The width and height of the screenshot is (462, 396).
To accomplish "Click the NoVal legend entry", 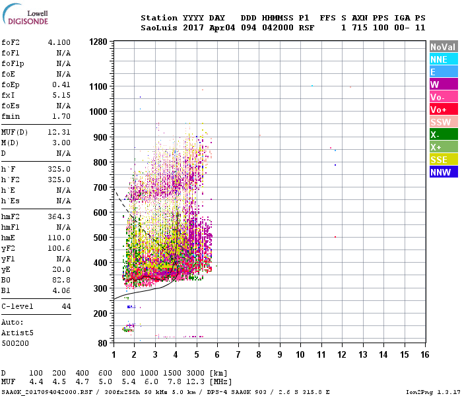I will pyautogui.click(x=443, y=47).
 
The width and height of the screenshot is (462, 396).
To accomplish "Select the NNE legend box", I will pyautogui.click(x=443, y=59).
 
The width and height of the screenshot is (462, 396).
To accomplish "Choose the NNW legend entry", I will pyautogui.click(x=443, y=172).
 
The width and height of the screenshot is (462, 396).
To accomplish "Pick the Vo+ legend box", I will pyautogui.click(x=443, y=110).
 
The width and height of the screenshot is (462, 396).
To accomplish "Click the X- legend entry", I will pyautogui.click(x=443, y=135).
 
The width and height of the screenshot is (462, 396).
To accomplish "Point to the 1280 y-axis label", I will pyautogui.click(x=98, y=42).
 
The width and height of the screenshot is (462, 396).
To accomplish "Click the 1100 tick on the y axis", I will pyautogui.click(x=98, y=86).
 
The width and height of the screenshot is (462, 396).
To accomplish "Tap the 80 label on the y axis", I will pyautogui.click(x=102, y=343).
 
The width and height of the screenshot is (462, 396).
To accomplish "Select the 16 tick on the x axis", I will pyautogui.click(x=424, y=354).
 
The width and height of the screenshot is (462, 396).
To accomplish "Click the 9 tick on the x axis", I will pyautogui.click(x=280, y=354).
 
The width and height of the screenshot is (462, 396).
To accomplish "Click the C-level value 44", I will pyautogui.click(x=65, y=307).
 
